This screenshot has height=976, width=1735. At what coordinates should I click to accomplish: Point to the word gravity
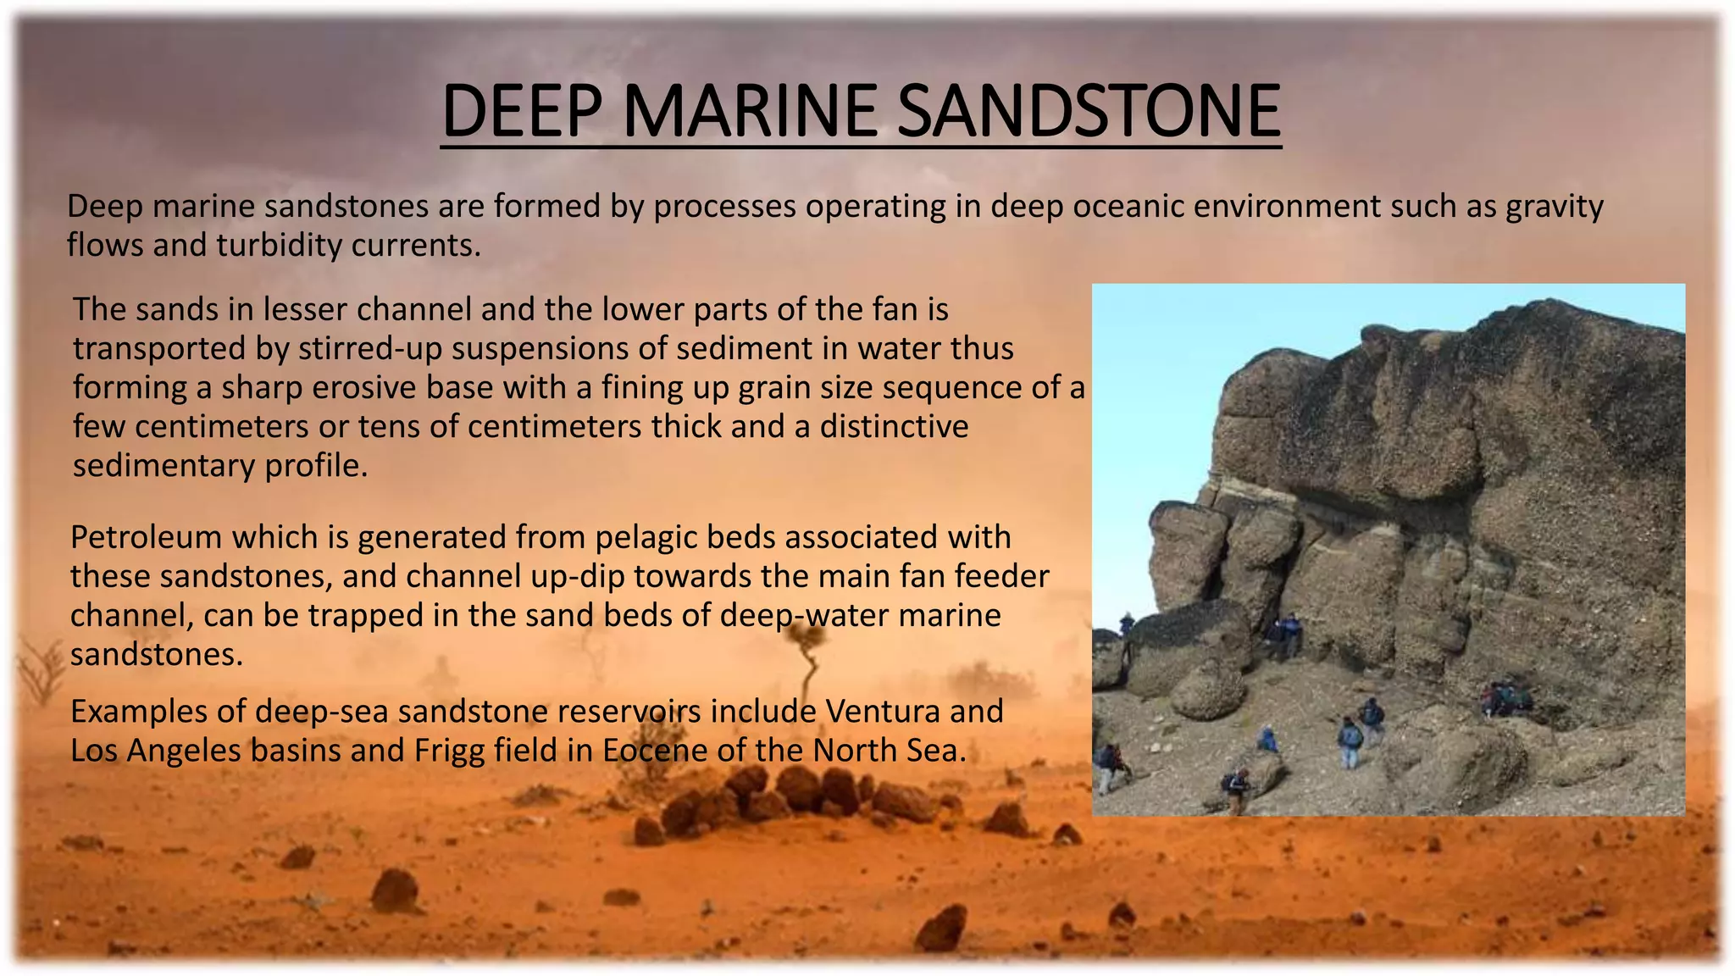(x=1554, y=207)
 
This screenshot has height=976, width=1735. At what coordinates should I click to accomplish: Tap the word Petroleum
(x=146, y=538)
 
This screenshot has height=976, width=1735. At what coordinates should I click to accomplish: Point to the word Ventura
(x=882, y=712)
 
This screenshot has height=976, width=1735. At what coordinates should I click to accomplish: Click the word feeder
(x=1002, y=577)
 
